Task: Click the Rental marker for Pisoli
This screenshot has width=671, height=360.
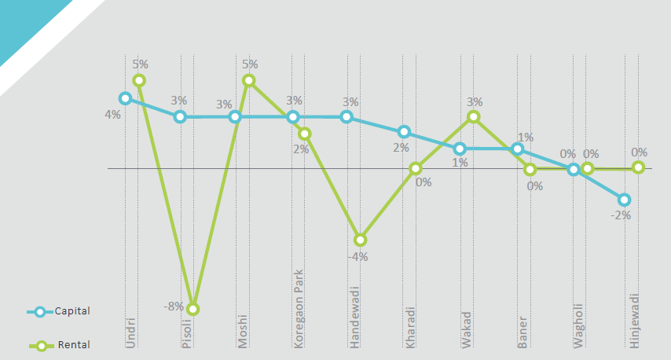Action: point(192,309)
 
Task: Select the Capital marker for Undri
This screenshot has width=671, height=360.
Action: point(125,98)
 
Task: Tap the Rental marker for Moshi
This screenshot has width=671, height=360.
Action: point(248,80)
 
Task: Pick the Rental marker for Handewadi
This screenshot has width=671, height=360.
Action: point(360,240)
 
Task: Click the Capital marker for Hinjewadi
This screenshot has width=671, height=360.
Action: point(624,200)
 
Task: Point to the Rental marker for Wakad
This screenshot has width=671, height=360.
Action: point(473,116)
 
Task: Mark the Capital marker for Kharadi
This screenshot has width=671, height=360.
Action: point(404,132)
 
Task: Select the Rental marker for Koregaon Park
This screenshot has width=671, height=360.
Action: point(305,134)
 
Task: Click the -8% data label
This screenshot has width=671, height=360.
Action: point(174,307)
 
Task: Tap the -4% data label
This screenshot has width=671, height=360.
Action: point(359,256)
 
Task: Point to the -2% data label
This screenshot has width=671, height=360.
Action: point(621,215)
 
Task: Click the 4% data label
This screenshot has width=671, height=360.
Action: point(112,115)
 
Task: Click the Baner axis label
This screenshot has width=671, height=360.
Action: point(522,332)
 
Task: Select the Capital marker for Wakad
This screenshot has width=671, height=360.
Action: point(460,149)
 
